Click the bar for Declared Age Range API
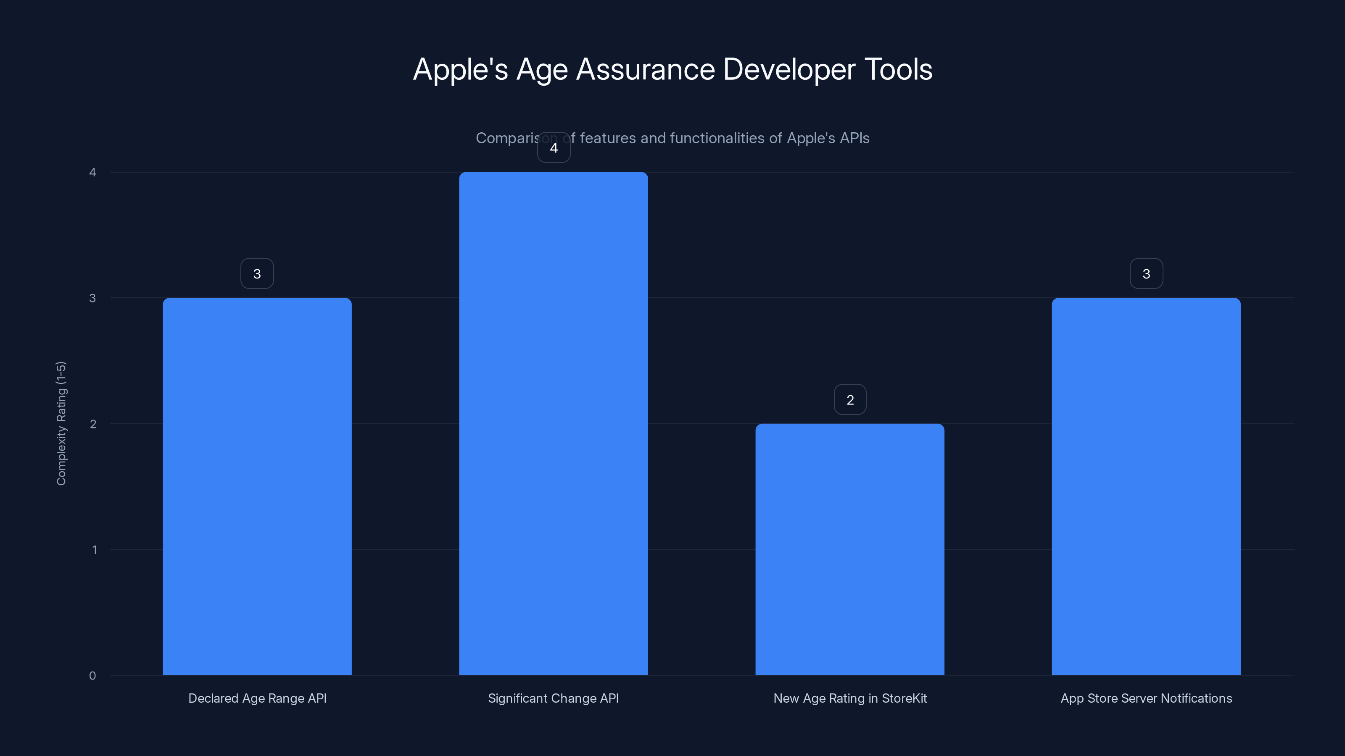257,486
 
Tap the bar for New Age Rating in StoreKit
849,549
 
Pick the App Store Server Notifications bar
1146,486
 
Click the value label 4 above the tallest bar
554,148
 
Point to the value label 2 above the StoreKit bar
850,400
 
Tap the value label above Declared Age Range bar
257,273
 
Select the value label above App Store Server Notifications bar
1146,273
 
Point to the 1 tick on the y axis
95,549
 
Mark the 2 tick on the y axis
93,424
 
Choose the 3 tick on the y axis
92,298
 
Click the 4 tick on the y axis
92,172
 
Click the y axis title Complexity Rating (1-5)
61,423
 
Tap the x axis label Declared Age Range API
257,698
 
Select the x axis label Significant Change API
554,698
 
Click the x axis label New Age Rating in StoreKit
850,698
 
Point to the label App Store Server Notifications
1146,698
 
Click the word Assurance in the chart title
645,69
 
